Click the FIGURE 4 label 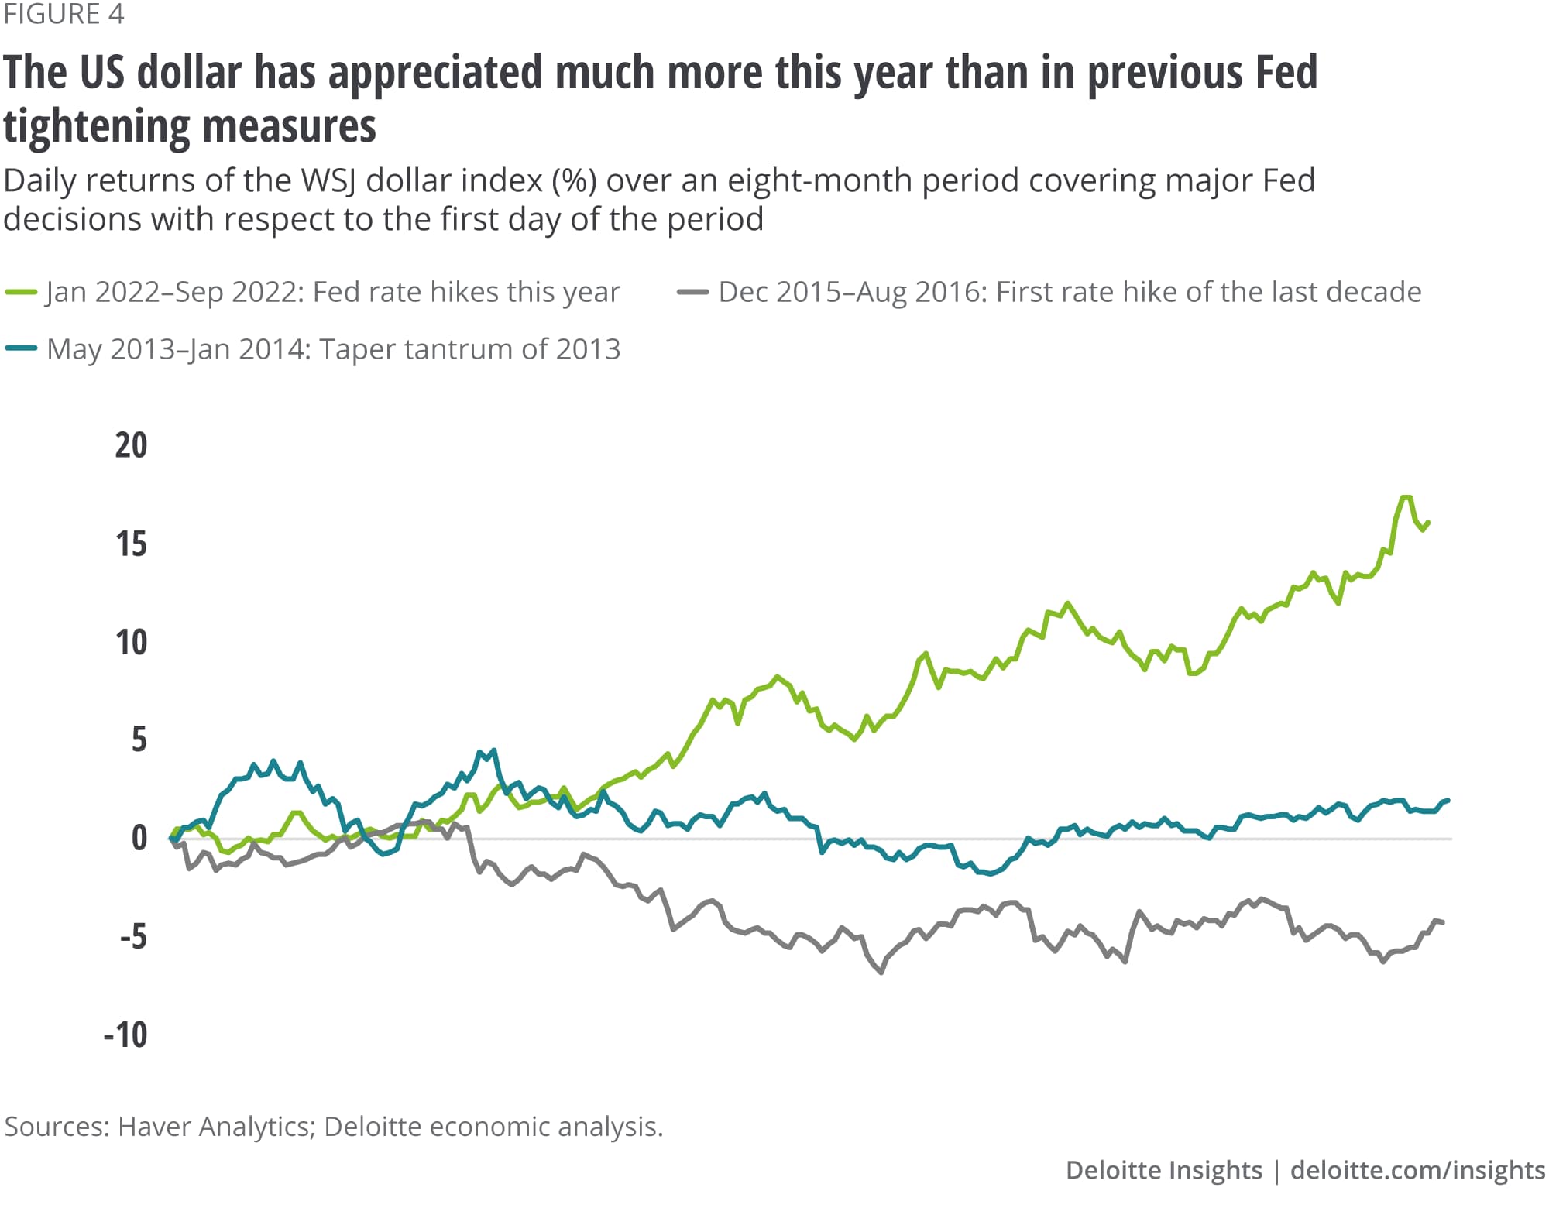pyautogui.click(x=64, y=15)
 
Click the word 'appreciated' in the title pyautogui.click(x=435, y=73)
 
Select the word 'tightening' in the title pyautogui.click(x=97, y=127)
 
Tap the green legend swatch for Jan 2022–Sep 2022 pyautogui.click(x=21, y=293)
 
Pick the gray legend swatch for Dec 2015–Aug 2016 pyautogui.click(x=692, y=293)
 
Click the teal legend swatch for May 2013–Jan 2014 pyautogui.click(x=21, y=349)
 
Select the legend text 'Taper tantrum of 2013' pyautogui.click(x=470, y=349)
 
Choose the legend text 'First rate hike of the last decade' pyautogui.click(x=1208, y=293)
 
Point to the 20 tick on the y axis pyautogui.click(x=131, y=446)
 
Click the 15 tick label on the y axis pyautogui.click(x=131, y=544)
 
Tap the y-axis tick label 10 pyautogui.click(x=131, y=643)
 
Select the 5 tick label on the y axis pyautogui.click(x=139, y=740)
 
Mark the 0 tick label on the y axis pyautogui.click(x=139, y=839)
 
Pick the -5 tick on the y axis pyautogui.click(x=132, y=937)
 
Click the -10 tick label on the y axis pyautogui.click(x=125, y=1035)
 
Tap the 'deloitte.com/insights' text pyautogui.click(x=1417, y=1170)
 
